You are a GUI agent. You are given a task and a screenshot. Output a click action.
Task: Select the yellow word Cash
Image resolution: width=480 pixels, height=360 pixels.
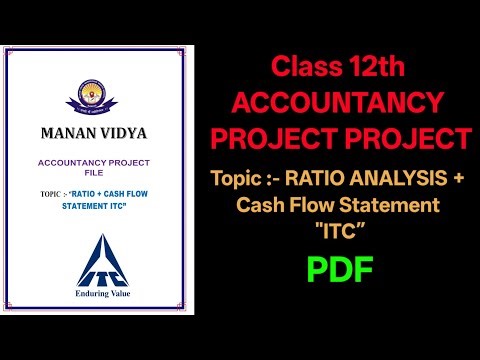260,205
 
